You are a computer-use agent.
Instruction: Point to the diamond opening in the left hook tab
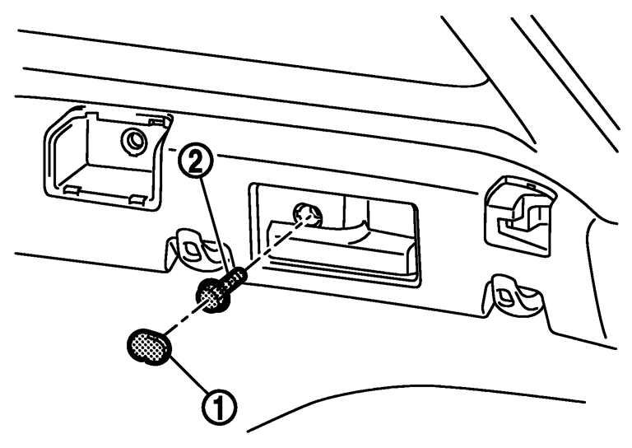(190, 247)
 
